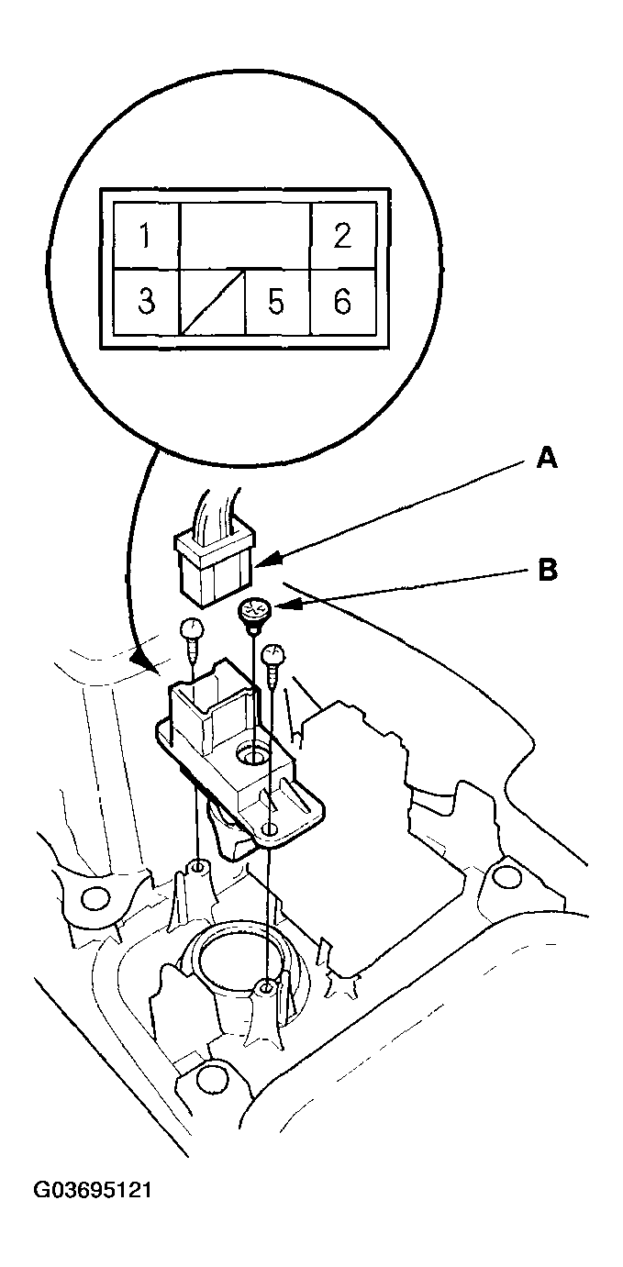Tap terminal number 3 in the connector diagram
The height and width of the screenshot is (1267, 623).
pos(146,301)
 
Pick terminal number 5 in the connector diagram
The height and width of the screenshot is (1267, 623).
pos(277,301)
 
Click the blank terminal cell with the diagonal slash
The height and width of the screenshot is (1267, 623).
pos(213,301)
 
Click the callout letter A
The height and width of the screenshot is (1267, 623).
pos(547,459)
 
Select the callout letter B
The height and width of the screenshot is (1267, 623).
pos(547,570)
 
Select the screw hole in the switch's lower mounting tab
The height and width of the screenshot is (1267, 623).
pos(271,830)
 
